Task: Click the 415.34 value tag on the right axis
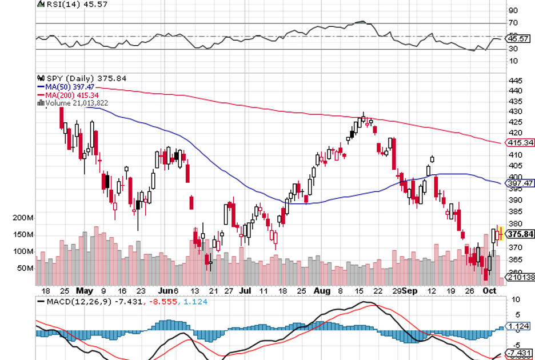coord(520,142)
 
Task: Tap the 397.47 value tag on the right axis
coord(520,183)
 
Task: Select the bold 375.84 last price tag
coord(520,234)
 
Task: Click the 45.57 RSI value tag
coord(520,39)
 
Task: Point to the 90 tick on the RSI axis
coord(513,10)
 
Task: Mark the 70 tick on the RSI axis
coord(513,23)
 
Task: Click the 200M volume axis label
coord(23,218)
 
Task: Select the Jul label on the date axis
coord(246,290)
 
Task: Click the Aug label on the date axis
coord(323,290)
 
